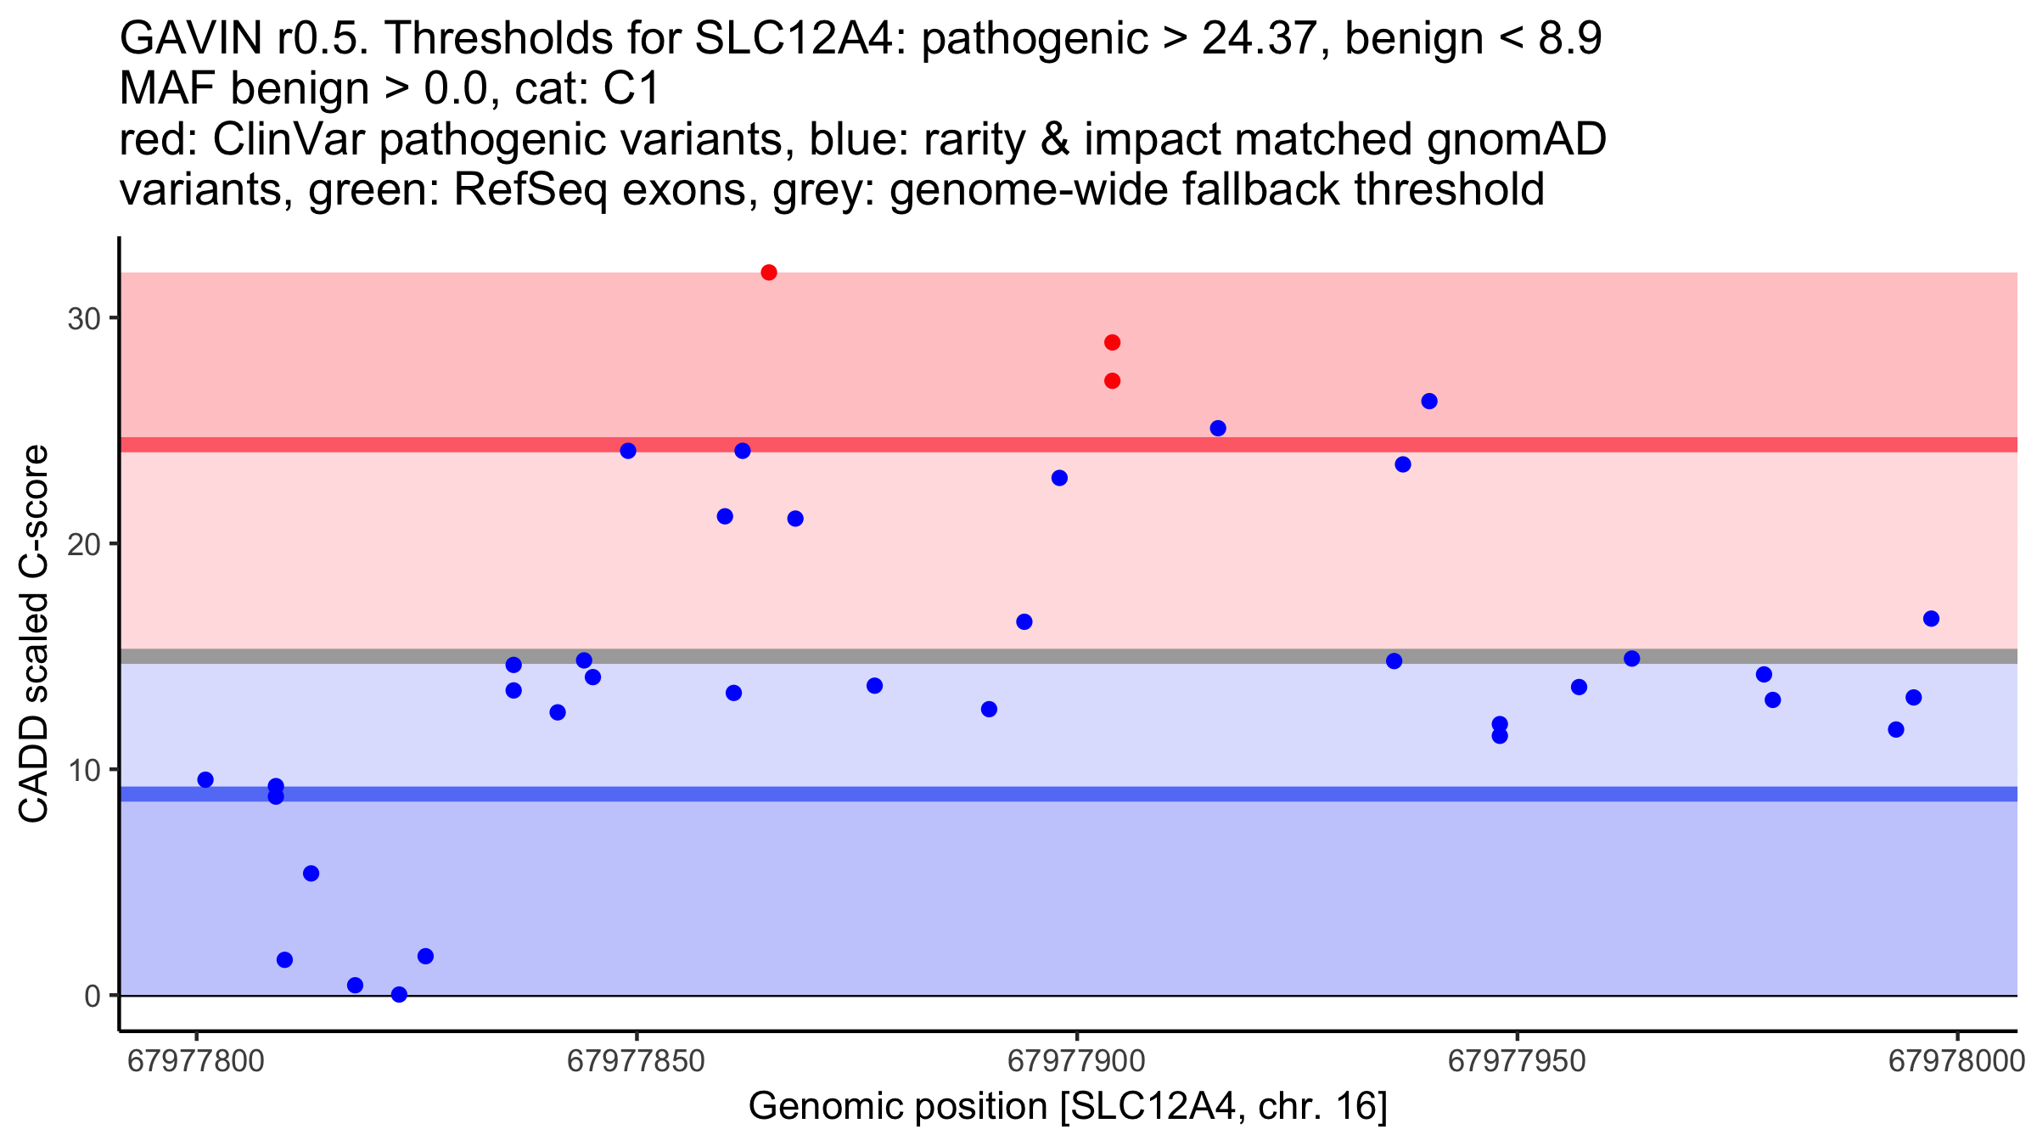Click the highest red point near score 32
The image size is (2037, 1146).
769,272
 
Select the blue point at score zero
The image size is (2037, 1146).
399,994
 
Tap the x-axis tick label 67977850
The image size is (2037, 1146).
636,1061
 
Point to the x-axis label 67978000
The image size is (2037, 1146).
1956,1061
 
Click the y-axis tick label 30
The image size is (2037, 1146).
84,319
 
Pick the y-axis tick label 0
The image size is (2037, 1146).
93,996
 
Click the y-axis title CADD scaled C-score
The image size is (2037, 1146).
34,634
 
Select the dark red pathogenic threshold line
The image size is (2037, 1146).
1069,445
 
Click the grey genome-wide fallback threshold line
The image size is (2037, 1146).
1069,656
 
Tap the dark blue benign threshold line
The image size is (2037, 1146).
1069,794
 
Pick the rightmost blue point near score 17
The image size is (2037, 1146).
1931,619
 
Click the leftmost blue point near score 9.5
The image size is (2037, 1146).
205,780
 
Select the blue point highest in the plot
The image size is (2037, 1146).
1429,402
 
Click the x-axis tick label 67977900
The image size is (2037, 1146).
1076,1061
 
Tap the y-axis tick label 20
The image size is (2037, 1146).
84,545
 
